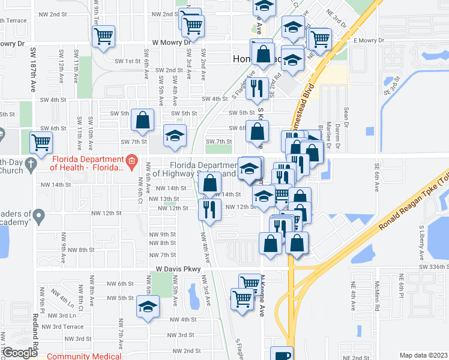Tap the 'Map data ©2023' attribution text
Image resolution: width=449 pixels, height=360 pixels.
coord(424,355)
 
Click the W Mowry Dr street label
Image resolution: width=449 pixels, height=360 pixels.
coord(171,43)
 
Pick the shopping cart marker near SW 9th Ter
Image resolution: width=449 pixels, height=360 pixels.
coord(104,36)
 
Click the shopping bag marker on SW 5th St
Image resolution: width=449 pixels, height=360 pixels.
coord(142,122)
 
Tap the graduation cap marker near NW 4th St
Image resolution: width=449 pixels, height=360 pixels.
coord(148,307)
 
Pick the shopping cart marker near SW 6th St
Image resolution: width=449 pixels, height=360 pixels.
coord(41,142)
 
